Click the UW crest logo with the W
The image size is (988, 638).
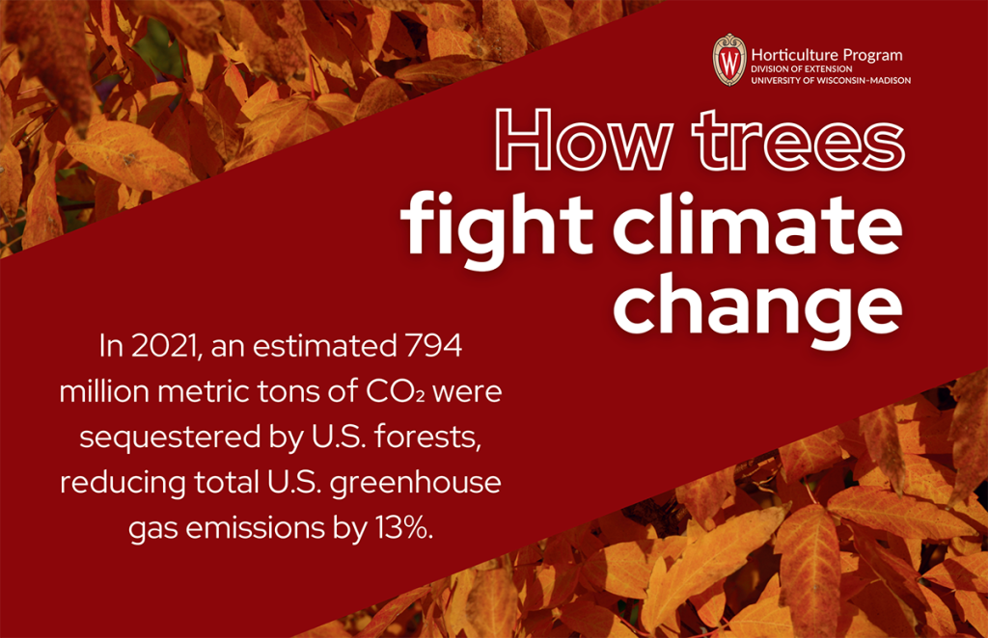click(729, 60)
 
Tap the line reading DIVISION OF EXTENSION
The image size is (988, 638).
click(802, 68)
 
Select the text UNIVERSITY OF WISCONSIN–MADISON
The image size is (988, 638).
click(831, 80)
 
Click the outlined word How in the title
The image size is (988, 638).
click(583, 140)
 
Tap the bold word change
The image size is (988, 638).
click(757, 307)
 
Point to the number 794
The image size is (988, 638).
click(434, 346)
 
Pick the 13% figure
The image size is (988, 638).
click(404, 527)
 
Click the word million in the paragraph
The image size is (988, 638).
click(104, 391)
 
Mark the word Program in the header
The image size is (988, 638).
click(873, 56)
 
